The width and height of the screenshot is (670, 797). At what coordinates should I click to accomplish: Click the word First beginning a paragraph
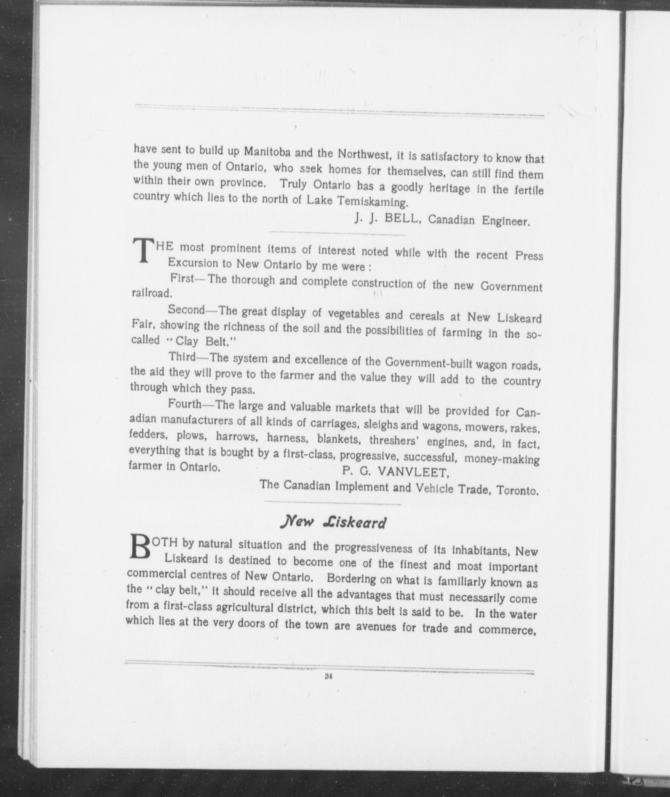point(182,278)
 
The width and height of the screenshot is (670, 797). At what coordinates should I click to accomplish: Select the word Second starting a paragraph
point(186,310)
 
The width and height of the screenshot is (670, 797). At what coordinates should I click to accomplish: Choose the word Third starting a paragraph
point(183,357)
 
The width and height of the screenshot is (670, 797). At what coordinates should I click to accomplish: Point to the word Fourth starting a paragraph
point(184,404)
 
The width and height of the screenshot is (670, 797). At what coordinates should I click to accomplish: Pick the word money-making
point(502,459)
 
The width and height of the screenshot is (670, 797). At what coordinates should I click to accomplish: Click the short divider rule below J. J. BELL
point(337,234)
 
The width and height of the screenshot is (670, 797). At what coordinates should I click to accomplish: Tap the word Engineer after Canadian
point(505,221)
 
